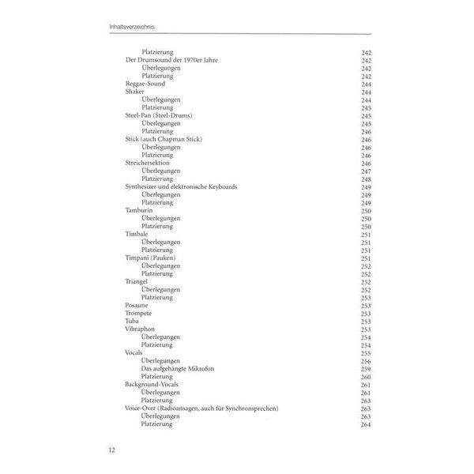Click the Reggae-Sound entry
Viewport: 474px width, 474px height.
(x=143, y=84)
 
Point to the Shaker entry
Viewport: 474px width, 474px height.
(x=134, y=92)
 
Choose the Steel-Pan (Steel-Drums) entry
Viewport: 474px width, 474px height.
(x=158, y=115)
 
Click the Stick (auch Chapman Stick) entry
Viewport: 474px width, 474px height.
(x=164, y=139)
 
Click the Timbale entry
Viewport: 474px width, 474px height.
(x=137, y=234)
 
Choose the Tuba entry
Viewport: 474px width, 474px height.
(x=132, y=321)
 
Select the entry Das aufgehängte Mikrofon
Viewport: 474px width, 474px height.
(x=177, y=368)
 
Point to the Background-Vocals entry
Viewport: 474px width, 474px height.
(x=152, y=384)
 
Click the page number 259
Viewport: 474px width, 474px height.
(x=366, y=368)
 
